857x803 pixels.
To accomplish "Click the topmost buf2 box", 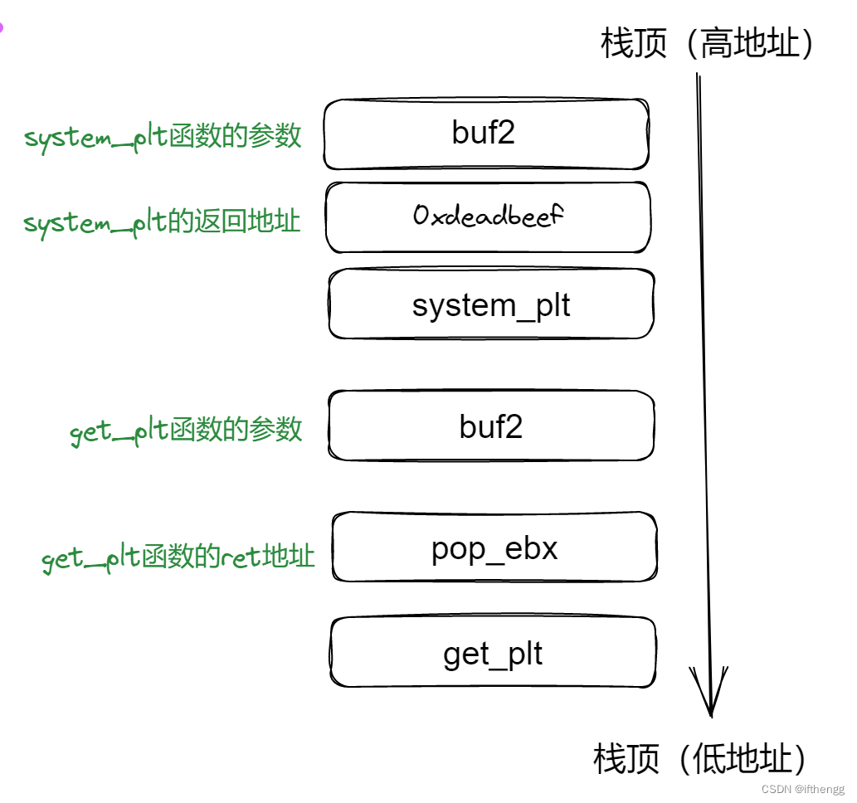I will click(485, 134).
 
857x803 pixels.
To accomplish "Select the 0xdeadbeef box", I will click(488, 217).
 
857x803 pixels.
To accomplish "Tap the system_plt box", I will click(491, 304).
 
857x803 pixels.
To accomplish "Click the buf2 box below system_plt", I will click(491, 426).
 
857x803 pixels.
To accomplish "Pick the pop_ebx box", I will click(494, 547).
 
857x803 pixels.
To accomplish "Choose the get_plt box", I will click(493, 653).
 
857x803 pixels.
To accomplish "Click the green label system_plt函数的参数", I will click(163, 137).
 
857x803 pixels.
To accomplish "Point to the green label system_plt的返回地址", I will click(162, 222).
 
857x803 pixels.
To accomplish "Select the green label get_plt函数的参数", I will click(186, 431).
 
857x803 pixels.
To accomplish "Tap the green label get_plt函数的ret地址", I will click(178, 557).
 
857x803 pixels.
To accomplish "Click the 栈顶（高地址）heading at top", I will click(708, 43).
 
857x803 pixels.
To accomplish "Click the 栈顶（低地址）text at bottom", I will click(700, 758).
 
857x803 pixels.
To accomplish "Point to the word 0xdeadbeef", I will click(488, 217).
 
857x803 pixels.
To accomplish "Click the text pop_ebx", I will click(494, 548).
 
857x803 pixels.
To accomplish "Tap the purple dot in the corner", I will click(2, 27).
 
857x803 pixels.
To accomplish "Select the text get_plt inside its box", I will click(493, 655).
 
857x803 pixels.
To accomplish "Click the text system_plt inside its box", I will click(491, 305).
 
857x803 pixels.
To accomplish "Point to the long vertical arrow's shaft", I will click(704, 373).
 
